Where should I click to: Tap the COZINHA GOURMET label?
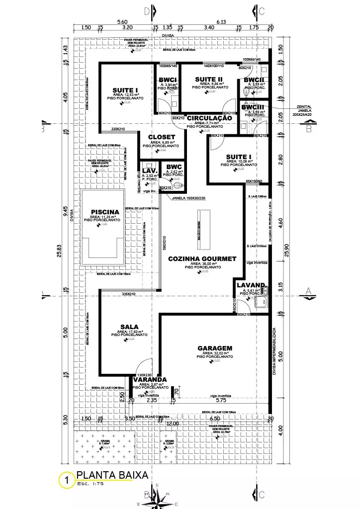(202, 259)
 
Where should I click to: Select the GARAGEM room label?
(215, 348)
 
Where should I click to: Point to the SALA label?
(126, 327)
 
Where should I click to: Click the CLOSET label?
(162, 137)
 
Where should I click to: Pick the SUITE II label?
(208, 80)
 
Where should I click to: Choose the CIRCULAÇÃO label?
(209, 118)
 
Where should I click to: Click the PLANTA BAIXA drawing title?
(112, 475)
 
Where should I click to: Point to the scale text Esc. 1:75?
(90, 484)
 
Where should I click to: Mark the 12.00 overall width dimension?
(172, 424)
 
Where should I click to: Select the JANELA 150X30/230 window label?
(189, 197)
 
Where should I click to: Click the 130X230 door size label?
(144, 375)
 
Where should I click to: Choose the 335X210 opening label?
(129, 294)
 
